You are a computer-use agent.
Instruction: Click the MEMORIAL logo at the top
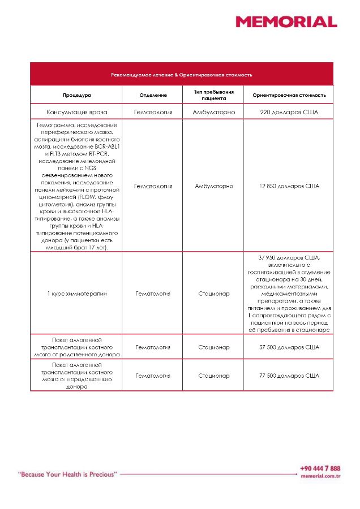286,22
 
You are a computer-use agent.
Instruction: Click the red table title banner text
181,75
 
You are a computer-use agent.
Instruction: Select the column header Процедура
77,95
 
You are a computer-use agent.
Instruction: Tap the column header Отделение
153,95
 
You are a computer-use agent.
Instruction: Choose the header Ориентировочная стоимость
289,95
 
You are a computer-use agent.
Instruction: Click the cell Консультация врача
77,112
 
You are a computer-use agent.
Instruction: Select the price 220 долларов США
289,112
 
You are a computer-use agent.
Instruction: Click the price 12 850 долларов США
289,186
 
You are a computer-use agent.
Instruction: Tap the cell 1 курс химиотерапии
77,294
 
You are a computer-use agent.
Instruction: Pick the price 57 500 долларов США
289,347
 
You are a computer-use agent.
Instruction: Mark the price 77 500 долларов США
289,375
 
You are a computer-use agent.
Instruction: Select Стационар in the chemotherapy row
213,294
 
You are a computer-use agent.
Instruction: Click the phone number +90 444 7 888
320,468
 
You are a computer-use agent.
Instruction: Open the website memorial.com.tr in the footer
320,477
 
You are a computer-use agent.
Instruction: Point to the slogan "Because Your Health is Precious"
67,474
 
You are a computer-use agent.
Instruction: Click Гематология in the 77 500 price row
153,375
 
